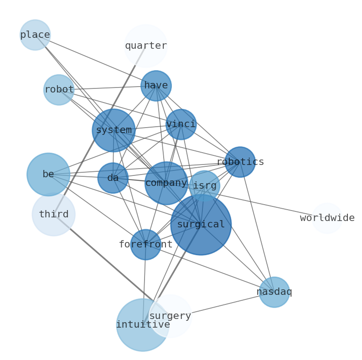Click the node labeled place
point(35,35)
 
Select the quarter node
point(146,46)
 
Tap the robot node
point(59,90)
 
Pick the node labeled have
point(156,86)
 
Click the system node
point(114,130)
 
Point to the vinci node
point(181,124)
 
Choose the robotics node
point(240,162)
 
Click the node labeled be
point(48,175)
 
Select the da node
point(113,178)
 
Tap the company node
point(166,183)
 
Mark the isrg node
point(205,186)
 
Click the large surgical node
point(201,225)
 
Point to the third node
point(54,215)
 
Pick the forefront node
point(146,245)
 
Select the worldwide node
point(327,218)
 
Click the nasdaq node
point(274,292)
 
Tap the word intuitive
point(143,325)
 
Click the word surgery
point(170,316)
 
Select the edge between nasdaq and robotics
point(257,227)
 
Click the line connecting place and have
point(95,60)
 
